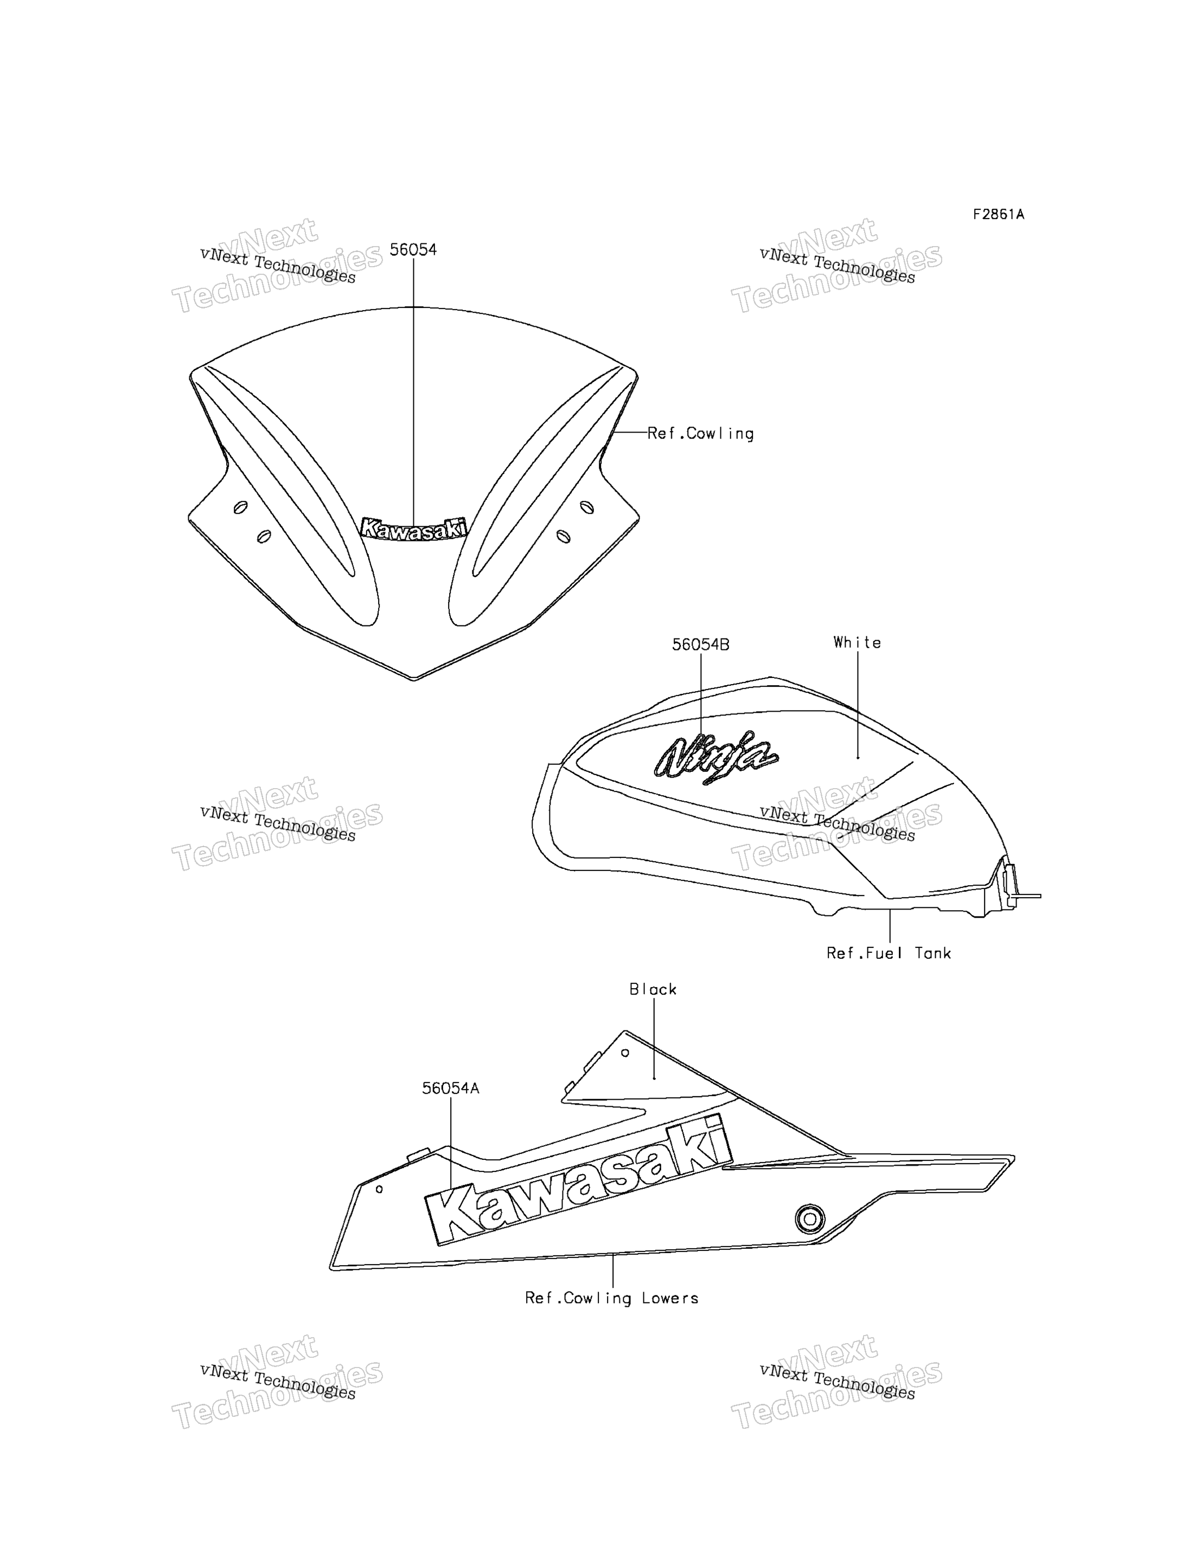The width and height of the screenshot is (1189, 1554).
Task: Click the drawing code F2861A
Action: click(998, 214)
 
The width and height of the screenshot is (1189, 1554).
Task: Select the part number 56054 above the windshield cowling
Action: click(413, 250)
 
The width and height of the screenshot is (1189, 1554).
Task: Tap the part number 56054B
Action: click(701, 644)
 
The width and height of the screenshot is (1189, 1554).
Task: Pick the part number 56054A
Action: click(451, 1088)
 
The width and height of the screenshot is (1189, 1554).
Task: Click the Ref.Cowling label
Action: click(701, 434)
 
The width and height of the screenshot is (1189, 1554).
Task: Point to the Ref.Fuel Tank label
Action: click(889, 953)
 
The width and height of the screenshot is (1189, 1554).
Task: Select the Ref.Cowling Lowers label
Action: click(611, 1299)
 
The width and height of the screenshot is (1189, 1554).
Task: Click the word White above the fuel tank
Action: click(857, 642)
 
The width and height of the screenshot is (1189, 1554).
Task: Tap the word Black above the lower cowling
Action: click(653, 990)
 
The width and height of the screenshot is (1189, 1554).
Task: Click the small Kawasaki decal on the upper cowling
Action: click(414, 528)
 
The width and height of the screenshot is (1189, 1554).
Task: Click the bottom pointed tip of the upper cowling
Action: click(414, 680)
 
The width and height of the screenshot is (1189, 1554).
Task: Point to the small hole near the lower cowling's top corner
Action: click(625, 1053)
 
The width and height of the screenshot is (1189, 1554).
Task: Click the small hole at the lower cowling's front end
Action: click(379, 1189)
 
